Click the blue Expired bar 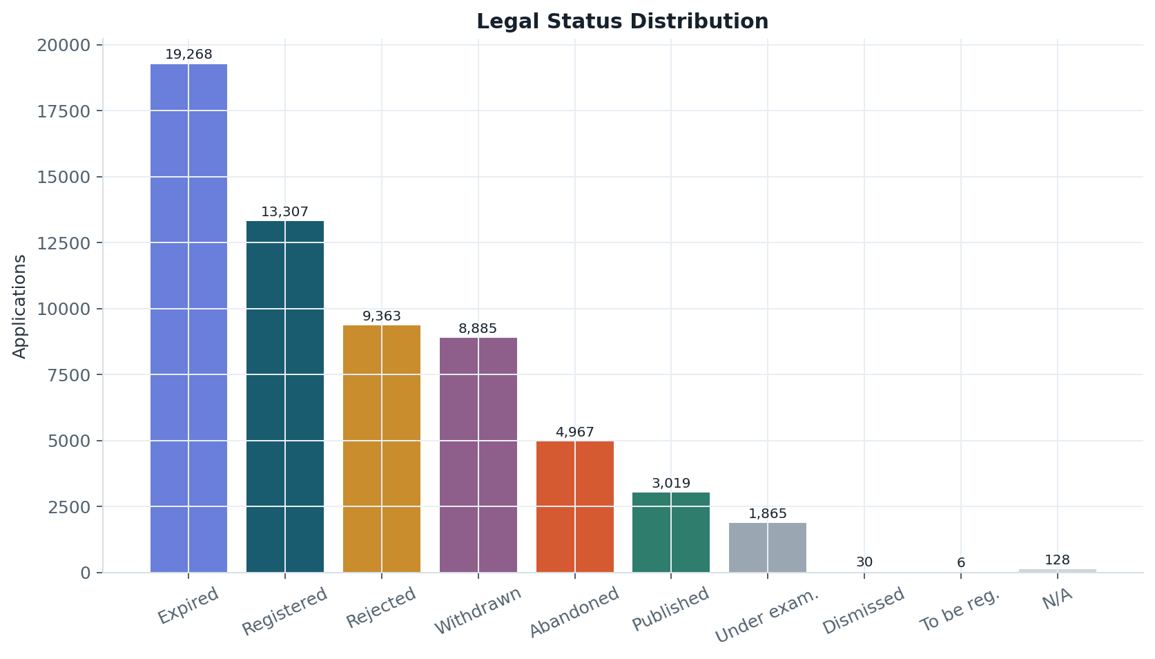pos(188,318)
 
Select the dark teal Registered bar pos(285,397)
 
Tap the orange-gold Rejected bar pos(382,448)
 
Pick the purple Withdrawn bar pos(478,455)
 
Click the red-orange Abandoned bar pos(575,506)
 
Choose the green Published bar pos(671,532)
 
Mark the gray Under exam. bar pos(768,548)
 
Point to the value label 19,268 pos(188,54)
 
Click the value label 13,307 pos(284,211)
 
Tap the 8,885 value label pos(478,328)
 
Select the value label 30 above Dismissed pos(864,562)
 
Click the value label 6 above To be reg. pos(961,562)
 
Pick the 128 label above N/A pos(1058,560)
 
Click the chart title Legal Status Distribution pos(622,21)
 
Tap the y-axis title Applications pos(19,306)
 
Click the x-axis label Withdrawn pos(478,611)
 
